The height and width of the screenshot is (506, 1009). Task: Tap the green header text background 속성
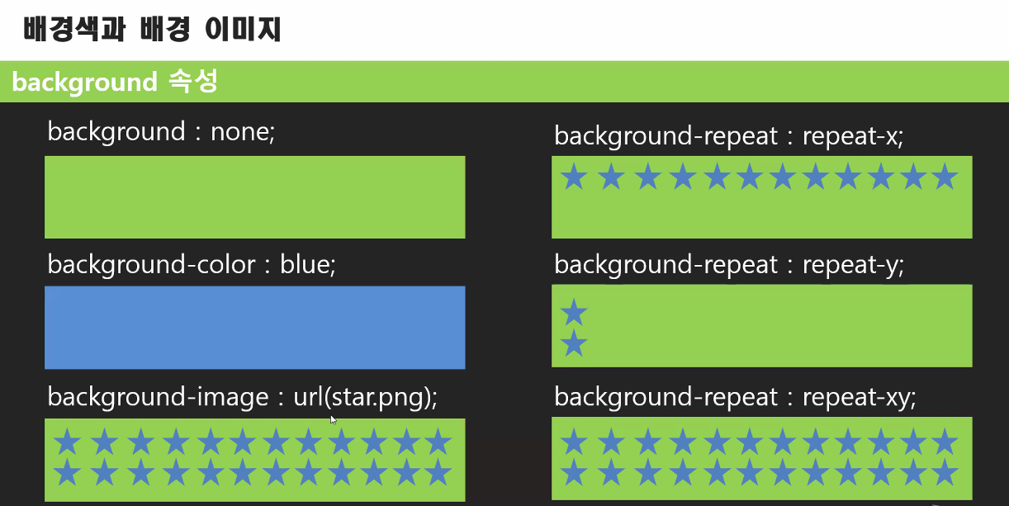pos(115,82)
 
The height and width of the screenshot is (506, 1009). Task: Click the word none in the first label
pos(241,131)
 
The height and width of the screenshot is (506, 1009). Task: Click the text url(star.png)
pos(364,397)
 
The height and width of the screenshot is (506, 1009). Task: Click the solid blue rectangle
pos(254,327)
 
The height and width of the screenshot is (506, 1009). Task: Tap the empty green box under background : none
pos(254,196)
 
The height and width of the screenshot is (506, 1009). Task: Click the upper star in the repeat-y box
pos(574,313)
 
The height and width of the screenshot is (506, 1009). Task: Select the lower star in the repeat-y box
pos(574,344)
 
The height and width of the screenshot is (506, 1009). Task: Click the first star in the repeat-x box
pos(574,177)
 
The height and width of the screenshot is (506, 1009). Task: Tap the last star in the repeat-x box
pos(944,177)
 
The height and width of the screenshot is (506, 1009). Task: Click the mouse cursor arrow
pos(334,419)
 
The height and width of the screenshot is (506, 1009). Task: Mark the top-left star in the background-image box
pos(67,442)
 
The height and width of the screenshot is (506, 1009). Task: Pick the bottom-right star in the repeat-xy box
pos(944,473)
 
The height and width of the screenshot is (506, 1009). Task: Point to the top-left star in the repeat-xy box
pos(574,443)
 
